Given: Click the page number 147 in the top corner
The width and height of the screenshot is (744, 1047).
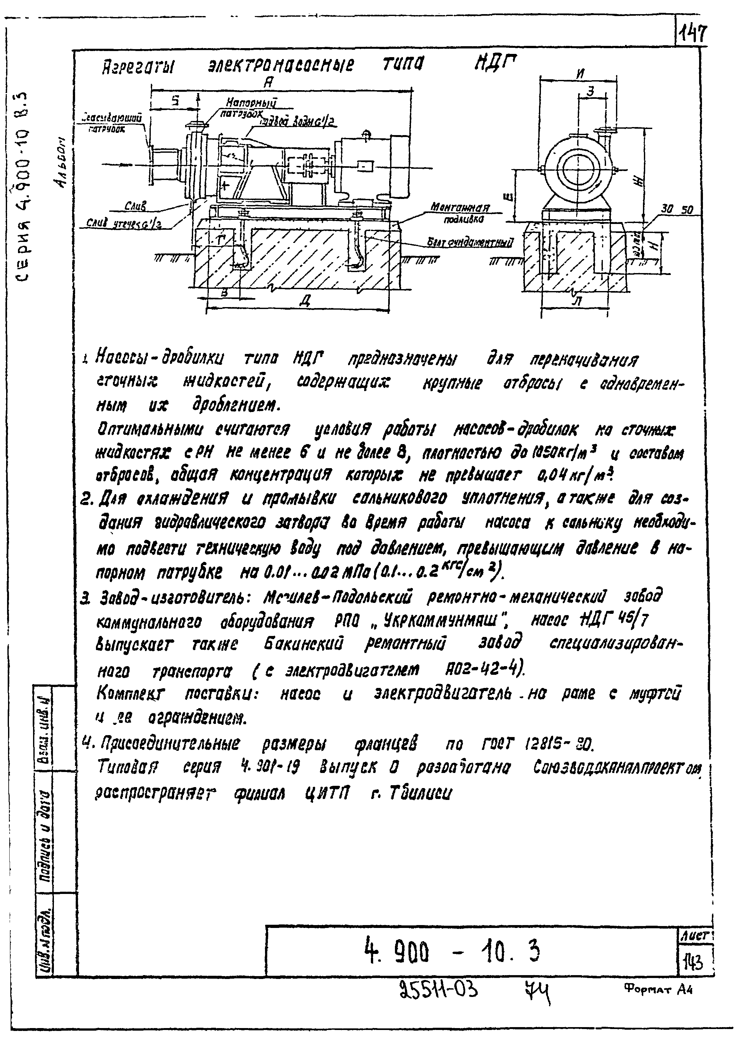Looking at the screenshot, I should click(x=693, y=33).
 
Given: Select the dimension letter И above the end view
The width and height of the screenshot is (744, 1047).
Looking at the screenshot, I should click(x=580, y=73).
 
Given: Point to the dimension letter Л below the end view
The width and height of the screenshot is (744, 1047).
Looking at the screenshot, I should click(x=578, y=302).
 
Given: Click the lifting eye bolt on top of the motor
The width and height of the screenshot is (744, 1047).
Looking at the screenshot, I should click(x=366, y=134).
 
